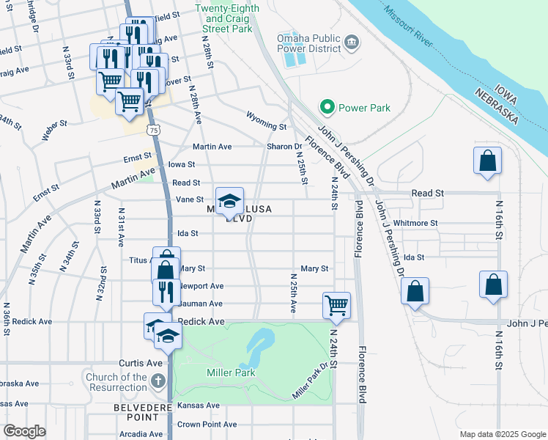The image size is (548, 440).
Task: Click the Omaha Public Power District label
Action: pyautogui.click(x=308, y=43)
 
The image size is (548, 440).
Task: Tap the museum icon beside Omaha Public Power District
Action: pyautogui.click(x=352, y=41)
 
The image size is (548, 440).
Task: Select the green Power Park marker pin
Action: pyautogui.click(x=327, y=108)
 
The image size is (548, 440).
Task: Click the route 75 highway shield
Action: pyautogui.click(x=152, y=130)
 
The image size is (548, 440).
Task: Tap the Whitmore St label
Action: pyautogui.click(x=415, y=223)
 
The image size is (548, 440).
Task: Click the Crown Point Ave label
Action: pyautogui.click(x=207, y=425)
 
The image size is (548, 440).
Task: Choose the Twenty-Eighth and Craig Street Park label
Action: pyautogui.click(x=223, y=18)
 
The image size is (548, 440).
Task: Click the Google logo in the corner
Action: pyautogui.click(x=24, y=431)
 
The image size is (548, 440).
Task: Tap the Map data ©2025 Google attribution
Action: pyautogui.click(x=502, y=434)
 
